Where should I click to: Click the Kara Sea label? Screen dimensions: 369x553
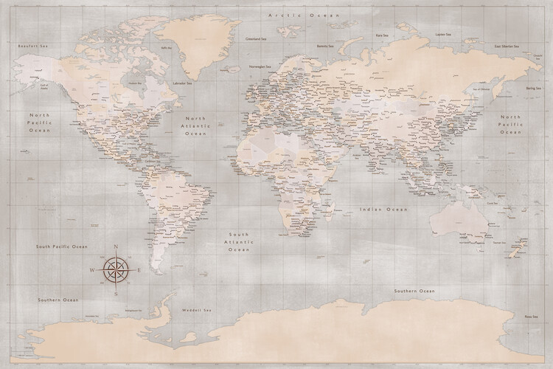pos(381,35)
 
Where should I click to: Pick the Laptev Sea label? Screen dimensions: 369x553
pos(442,34)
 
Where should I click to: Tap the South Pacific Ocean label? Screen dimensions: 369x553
pos(63,246)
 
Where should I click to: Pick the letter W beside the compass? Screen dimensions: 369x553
pos(92,269)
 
